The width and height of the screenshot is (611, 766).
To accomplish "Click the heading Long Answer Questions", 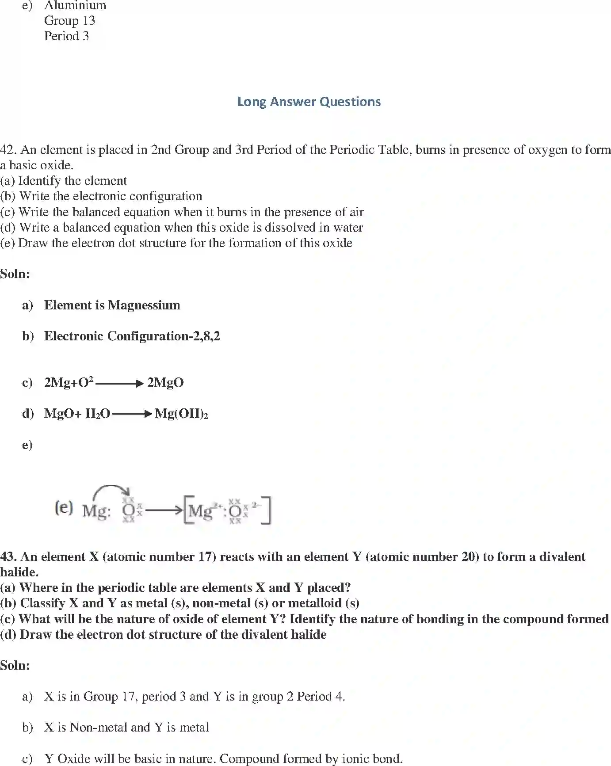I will click(309, 102).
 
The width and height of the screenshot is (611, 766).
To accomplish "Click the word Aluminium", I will click(75, 5).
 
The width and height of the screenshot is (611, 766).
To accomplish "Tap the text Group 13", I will click(69, 20).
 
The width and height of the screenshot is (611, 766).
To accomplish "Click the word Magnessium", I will click(144, 305).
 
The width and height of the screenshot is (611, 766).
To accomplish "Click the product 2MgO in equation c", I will click(165, 382).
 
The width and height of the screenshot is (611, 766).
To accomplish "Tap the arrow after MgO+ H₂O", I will click(132, 414).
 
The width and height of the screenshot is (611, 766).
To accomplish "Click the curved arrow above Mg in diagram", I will click(111, 490).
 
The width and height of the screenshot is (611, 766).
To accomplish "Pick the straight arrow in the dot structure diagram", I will click(163, 511).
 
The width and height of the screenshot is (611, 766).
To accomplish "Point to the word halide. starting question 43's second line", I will click(19, 572).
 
